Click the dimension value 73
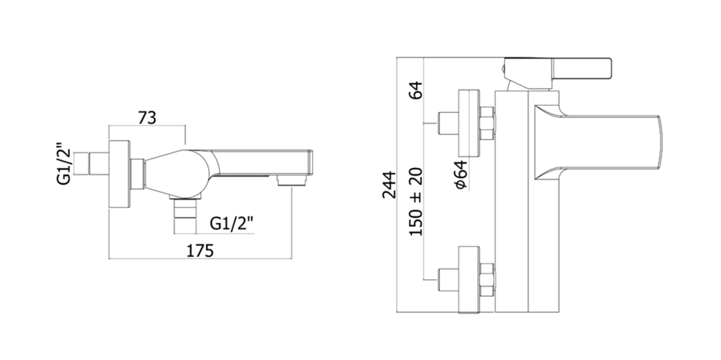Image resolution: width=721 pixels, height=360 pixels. pos(147,117)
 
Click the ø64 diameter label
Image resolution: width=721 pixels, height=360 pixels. pos(462,174)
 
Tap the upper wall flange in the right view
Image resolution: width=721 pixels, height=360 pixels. pos(470,123)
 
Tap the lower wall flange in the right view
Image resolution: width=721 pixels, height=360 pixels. pos(470,279)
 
